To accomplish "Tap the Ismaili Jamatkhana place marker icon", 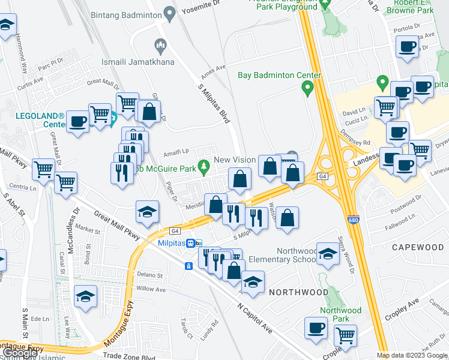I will (x=160, y=44).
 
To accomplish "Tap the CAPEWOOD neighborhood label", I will (x=418, y=247).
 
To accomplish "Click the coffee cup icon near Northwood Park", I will (x=316, y=328).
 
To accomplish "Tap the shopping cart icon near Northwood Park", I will (x=345, y=335).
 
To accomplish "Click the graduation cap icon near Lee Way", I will (x=85, y=296).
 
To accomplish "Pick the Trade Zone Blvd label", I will (x=130, y=356).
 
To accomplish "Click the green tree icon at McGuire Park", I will (x=204, y=164).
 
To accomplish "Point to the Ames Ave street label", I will (x=213, y=70).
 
